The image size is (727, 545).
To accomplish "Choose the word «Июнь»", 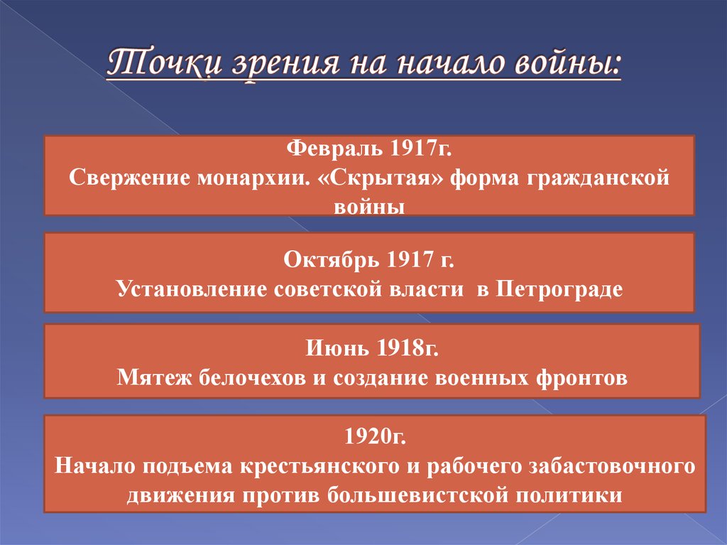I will (x=337, y=349).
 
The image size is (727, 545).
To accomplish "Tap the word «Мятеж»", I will (x=150, y=377).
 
